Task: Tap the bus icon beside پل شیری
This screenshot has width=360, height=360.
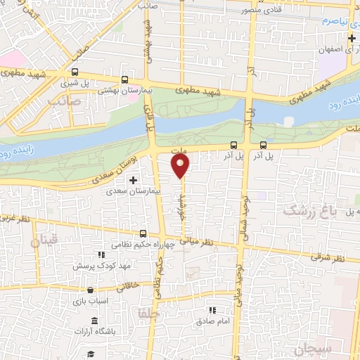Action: (75, 72)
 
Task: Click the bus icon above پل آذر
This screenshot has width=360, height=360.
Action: (233, 146)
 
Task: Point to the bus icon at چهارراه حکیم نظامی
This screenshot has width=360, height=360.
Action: (143, 233)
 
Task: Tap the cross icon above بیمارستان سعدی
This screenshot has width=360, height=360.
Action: (133, 181)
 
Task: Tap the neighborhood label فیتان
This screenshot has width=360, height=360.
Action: (43, 240)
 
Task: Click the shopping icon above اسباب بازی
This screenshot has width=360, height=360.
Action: (89, 290)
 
